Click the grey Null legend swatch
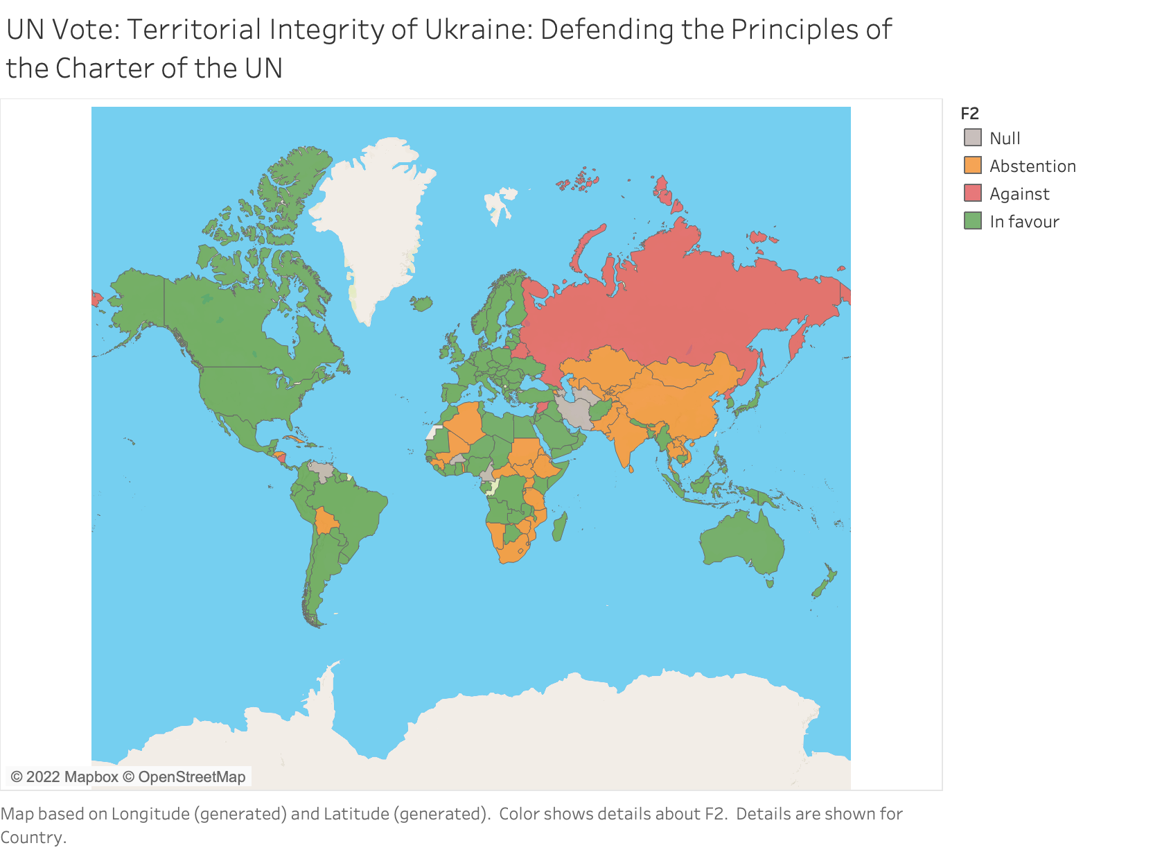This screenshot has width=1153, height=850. [x=973, y=138]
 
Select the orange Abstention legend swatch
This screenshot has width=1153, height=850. [x=973, y=166]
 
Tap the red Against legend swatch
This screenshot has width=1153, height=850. [x=973, y=193]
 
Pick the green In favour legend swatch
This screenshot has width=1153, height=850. [x=973, y=221]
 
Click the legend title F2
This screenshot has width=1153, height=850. [x=969, y=114]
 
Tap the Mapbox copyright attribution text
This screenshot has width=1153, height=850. [x=128, y=777]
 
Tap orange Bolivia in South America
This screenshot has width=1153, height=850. [x=325, y=521]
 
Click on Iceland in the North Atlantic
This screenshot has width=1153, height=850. [x=421, y=304]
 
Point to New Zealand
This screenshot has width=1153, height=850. [x=825, y=583]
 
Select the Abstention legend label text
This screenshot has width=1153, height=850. [x=1032, y=166]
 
